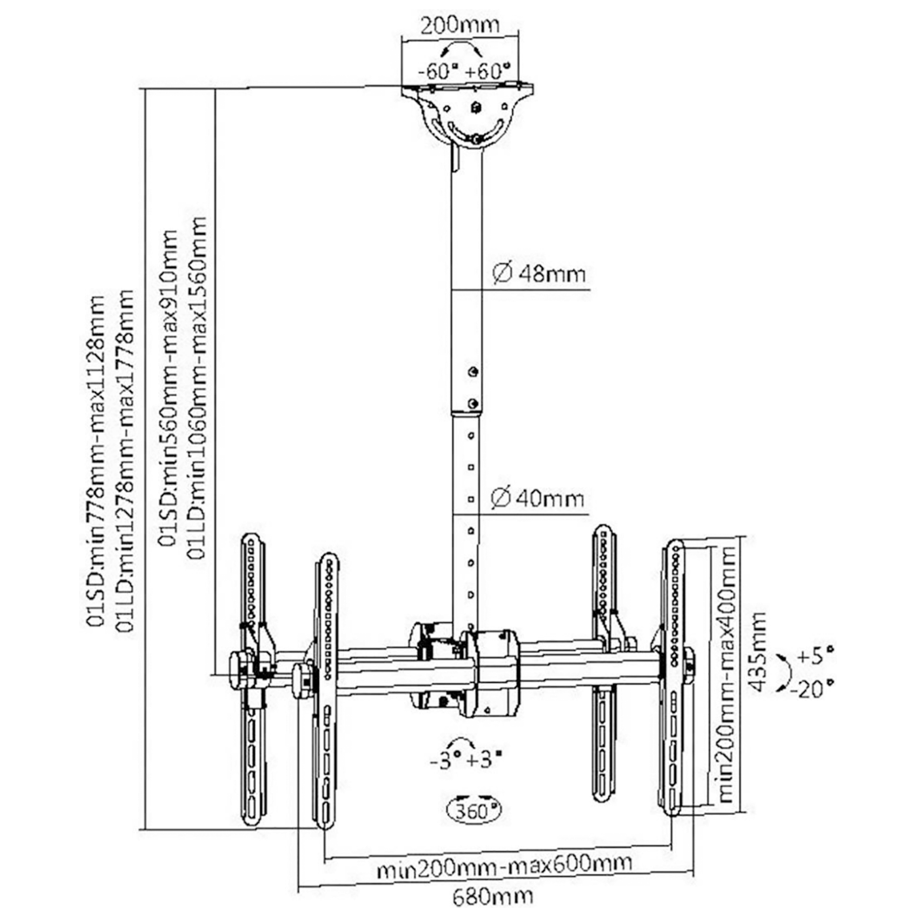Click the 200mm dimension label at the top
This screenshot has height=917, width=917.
(460, 26)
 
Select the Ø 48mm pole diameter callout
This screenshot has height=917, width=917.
(539, 273)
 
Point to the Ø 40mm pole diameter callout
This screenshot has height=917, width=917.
(537, 499)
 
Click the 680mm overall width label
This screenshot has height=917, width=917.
(493, 895)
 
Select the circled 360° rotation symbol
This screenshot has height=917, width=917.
(473, 811)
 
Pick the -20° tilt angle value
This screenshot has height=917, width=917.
(812, 689)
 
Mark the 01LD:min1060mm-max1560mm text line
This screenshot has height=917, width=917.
(197, 388)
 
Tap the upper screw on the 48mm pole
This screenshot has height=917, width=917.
(473, 372)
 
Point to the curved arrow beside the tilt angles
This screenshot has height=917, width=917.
(783, 672)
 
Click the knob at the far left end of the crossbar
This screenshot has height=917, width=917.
(240, 669)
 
